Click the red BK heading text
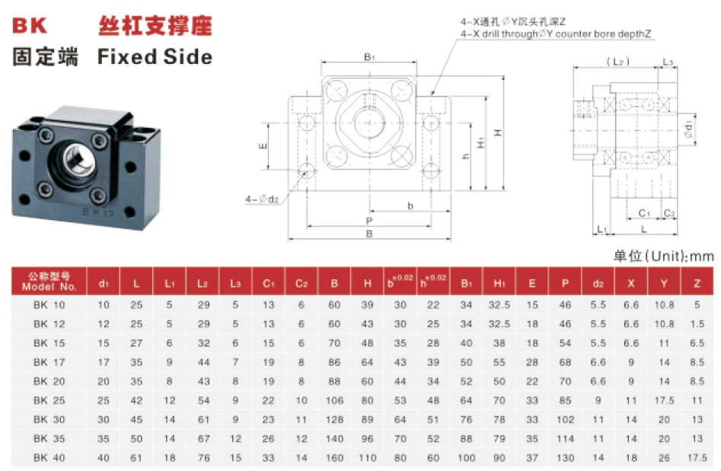click(30, 26)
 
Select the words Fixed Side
click(155, 57)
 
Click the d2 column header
click(598, 283)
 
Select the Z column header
click(696, 283)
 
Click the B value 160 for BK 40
click(334, 457)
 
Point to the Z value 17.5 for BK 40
click(696, 457)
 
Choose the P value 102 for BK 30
click(565, 419)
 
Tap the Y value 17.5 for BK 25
click(664, 400)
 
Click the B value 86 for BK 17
click(334, 362)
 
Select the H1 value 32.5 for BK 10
click(499, 305)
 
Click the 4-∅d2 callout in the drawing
click(263, 199)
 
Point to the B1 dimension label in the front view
click(369, 57)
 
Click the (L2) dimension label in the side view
click(618, 61)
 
